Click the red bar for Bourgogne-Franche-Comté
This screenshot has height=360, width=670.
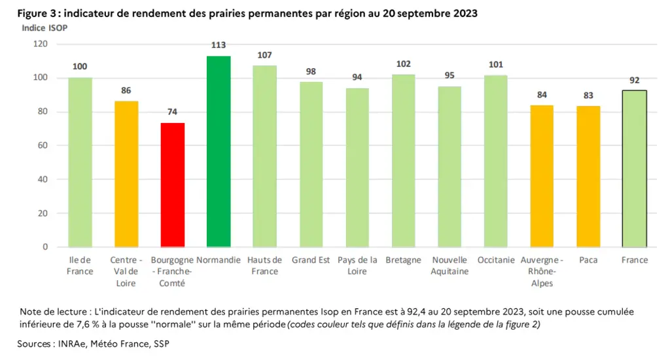coord(173,185)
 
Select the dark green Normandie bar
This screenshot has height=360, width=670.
coord(219,151)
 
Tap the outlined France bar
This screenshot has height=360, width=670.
coord(635,169)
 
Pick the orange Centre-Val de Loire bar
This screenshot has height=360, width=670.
coord(126,174)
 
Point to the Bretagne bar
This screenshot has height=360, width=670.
coord(403,161)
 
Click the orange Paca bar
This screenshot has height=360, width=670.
coord(588,177)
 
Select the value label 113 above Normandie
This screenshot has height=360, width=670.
coord(219,45)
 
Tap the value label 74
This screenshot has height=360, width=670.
coord(172,111)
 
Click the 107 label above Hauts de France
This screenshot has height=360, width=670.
coord(264,55)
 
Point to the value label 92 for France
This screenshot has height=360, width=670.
coord(635,81)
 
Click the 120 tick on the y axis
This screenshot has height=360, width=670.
coord(41,44)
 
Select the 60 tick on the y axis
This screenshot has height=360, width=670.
coord(43,145)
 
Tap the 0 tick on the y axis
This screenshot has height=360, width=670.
coord(45,247)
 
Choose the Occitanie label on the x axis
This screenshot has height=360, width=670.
coord(496,260)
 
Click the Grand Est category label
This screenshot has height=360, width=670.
coord(311,260)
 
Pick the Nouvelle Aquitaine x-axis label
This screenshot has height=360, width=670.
coord(450,266)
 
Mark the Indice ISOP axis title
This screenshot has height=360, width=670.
coord(44,27)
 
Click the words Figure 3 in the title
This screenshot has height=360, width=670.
coord(37,13)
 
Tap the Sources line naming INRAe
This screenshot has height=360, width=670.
coord(93,344)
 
